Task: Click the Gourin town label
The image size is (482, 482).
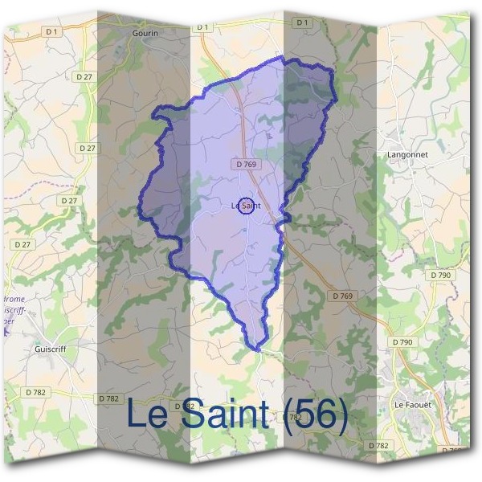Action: (147, 34)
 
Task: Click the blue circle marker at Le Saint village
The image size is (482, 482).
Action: (247, 206)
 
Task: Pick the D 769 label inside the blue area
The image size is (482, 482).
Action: (247, 164)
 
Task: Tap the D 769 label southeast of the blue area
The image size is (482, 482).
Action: (341, 296)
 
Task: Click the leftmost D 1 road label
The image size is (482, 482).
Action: (52, 31)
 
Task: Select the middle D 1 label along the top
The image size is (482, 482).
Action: (202, 27)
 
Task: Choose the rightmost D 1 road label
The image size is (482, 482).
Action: (302, 23)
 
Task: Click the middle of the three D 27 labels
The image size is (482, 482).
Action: (69, 200)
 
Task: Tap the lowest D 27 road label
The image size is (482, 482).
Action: (22, 243)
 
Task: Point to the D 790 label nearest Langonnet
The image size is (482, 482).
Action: (441, 275)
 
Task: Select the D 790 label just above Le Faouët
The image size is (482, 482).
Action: (402, 342)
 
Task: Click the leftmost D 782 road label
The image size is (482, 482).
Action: (35, 391)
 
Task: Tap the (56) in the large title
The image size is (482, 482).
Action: (316, 415)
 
